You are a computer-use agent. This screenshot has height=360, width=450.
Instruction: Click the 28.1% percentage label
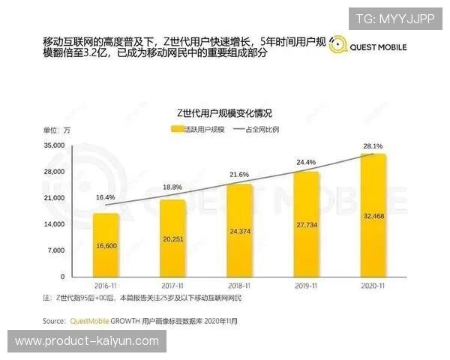pyautogui.click(x=373, y=145)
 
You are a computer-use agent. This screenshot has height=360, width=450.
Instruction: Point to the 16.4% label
pyautogui.click(x=106, y=197)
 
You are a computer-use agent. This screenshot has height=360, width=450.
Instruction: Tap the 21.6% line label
pyautogui.click(x=239, y=174)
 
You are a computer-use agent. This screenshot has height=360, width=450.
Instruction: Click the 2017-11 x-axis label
pyautogui.click(x=172, y=286)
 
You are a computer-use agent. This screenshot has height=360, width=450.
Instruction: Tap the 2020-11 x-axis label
pyautogui.click(x=373, y=286)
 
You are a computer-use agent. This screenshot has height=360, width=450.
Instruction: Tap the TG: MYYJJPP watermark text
pyautogui.click(x=394, y=19)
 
